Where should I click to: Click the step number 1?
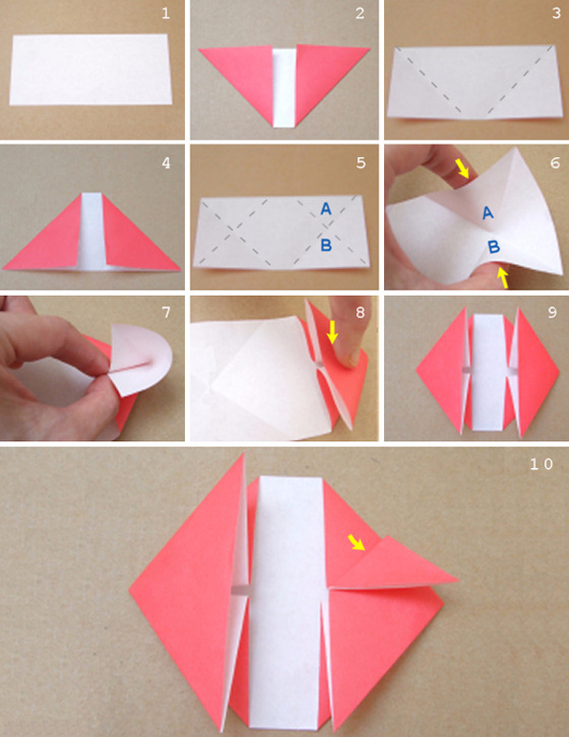[166, 13]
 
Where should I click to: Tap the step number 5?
[360, 163]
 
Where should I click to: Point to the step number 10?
[542, 464]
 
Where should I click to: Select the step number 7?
[166, 312]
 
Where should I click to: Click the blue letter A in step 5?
[326, 209]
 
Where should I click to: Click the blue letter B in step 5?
[326, 244]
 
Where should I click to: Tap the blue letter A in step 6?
[489, 212]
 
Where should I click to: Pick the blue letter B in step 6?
[493, 247]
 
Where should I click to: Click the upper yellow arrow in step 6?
[463, 168]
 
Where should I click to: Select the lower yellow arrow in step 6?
[503, 278]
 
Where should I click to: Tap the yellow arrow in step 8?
[332, 332]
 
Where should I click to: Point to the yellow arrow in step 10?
[356, 542]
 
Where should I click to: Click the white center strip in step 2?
[284, 87]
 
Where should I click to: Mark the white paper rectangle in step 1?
[90, 70]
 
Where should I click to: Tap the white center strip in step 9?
[489, 371]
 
